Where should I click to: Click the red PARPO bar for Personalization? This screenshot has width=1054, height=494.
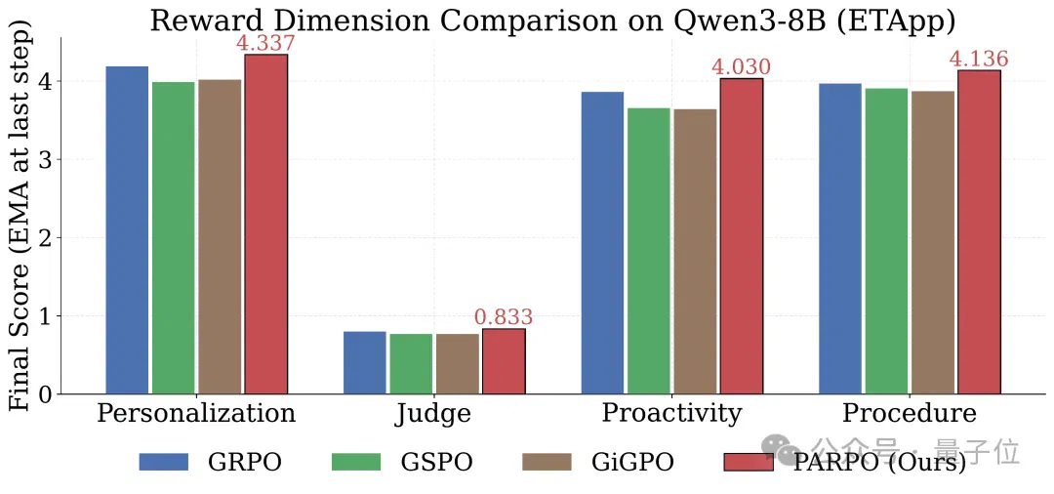(266, 224)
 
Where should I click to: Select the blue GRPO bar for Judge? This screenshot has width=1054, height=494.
(365, 362)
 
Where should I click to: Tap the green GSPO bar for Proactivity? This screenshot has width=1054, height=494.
(649, 251)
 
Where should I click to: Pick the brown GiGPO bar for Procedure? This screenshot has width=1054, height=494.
(932, 243)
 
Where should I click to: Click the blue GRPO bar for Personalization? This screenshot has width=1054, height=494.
(127, 229)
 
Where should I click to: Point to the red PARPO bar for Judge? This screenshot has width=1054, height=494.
(505, 361)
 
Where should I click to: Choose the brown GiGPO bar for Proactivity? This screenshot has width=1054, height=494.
(695, 251)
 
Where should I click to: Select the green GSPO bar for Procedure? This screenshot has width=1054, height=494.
(886, 241)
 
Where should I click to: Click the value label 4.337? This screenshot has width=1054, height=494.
(265, 44)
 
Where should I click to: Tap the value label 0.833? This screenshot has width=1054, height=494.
(504, 317)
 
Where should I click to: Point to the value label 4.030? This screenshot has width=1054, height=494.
(741, 67)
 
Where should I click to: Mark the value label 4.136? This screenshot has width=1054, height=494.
(979, 60)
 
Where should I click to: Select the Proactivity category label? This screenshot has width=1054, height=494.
(671, 414)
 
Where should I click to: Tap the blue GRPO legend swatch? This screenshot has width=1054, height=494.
(164, 463)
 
